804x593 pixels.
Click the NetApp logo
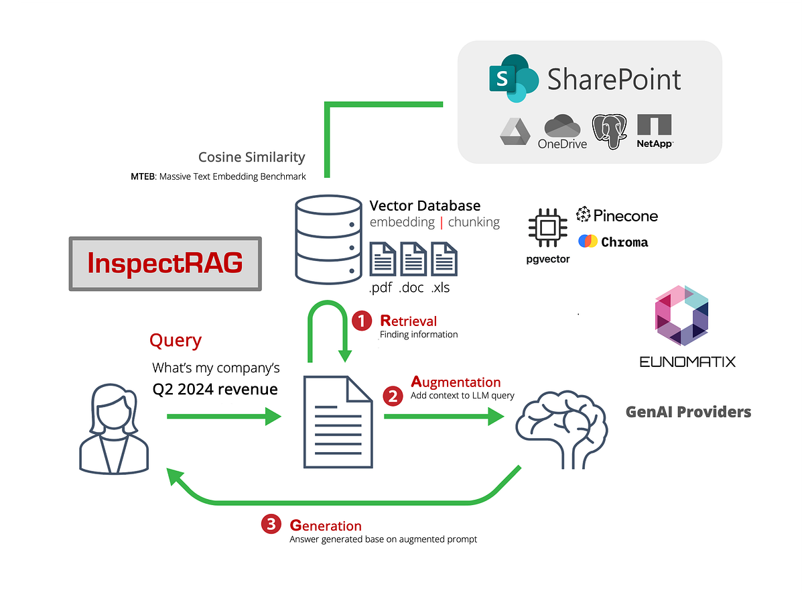coord(655,131)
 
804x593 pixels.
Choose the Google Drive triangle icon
coord(515,132)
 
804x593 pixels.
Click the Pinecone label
coord(617,215)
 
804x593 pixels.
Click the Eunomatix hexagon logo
coord(681,315)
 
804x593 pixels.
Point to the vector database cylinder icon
coord(324,240)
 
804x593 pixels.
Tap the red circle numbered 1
coord(362,321)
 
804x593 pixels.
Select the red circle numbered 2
coord(393,396)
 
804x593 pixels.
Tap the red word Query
coord(175,340)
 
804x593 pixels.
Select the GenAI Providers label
coord(688,412)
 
